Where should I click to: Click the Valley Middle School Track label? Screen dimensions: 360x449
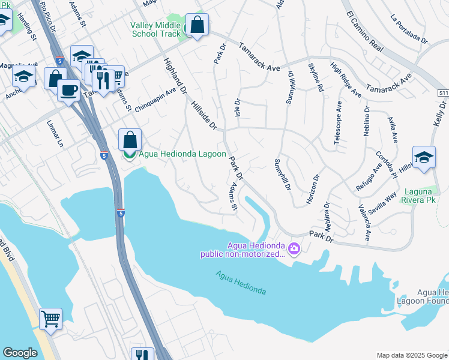coord(155,29)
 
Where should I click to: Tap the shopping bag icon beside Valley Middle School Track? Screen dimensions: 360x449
coord(196,25)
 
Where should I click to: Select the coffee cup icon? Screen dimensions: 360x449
coord(68,91)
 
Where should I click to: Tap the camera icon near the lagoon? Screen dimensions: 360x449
coord(294,248)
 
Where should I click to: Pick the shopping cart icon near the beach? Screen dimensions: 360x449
coord(50,318)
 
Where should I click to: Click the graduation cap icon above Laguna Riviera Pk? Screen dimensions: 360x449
coord(424,158)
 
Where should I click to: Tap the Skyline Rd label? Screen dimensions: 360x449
coord(316,77)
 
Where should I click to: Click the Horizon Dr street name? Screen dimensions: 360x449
coord(313,190)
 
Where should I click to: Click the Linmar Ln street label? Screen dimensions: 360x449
coord(54,133)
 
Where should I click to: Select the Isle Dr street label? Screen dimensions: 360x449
coord(237,109)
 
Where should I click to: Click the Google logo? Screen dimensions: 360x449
coord(20,352)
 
